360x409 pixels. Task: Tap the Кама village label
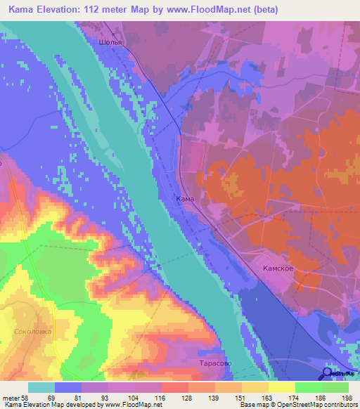184,200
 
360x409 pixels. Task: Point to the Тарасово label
209,365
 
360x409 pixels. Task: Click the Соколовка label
33,330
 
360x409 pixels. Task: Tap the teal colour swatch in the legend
41,387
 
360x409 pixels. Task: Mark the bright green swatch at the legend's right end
335,387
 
